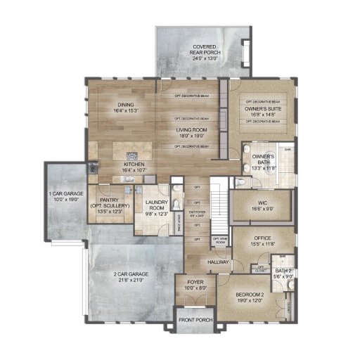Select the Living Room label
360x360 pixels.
(191, 129)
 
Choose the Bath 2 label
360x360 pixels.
(283, 271)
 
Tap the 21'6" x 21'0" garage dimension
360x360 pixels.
(129, 280)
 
